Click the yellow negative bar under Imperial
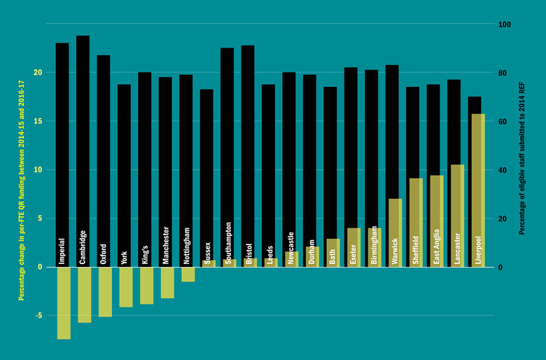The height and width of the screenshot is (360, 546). coord(63,303)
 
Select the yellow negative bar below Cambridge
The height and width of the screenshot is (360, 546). coord(83,295)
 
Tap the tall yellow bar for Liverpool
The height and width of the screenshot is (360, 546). coord(477,190)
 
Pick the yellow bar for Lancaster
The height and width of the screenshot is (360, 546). coord(456,216)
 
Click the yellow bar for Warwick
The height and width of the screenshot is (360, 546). coord(395,233)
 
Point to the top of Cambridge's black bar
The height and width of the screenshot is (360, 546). coord(83,37)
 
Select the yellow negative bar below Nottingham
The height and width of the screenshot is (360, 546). coord(188,274)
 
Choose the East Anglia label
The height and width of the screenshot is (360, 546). coord(436,245)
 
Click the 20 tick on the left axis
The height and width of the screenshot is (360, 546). coord(38,73)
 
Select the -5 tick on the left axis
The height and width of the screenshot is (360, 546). coord(39,316)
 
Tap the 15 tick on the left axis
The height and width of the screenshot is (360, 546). coord(38,121)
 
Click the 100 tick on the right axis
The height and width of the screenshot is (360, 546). coord(505,25)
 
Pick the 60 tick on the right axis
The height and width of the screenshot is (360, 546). coord(503,122)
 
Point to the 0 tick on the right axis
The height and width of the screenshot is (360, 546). coord(500,268)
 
